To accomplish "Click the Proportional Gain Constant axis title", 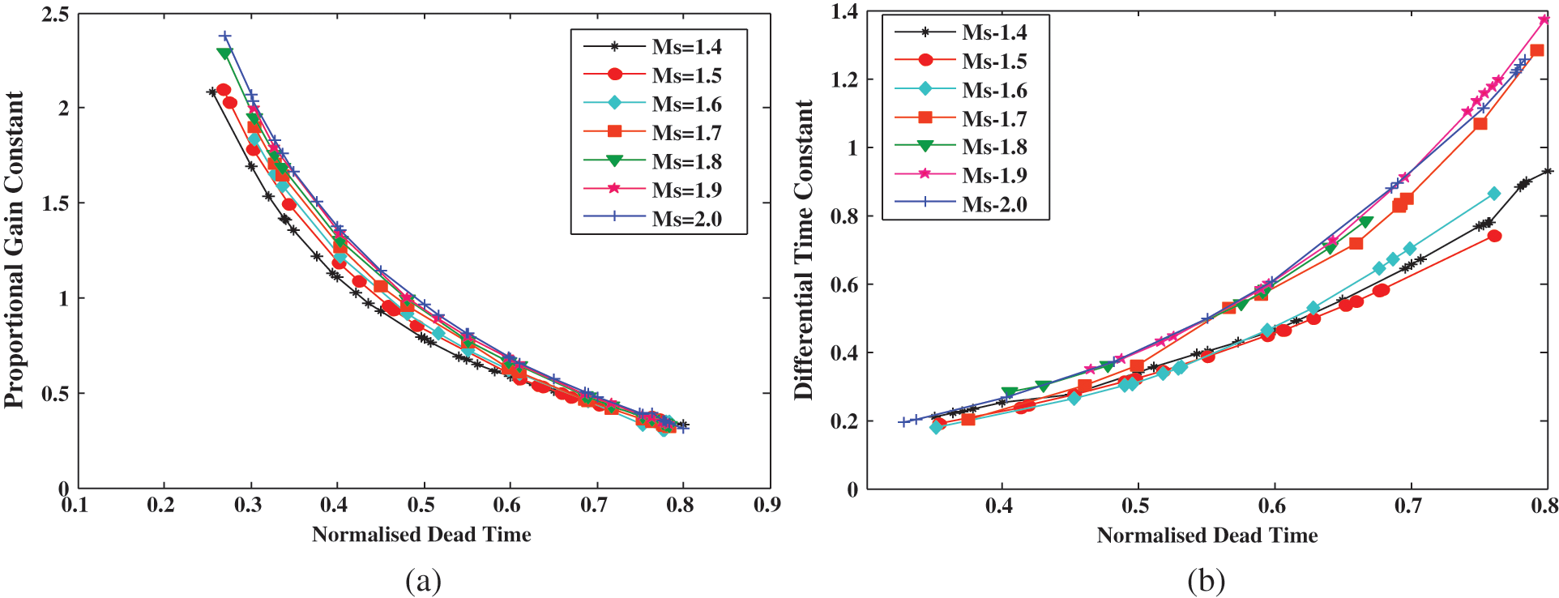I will (x=14, y=250).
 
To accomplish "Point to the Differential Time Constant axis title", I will (x=803, y=250).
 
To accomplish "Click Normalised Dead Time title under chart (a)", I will (x=421, y=535).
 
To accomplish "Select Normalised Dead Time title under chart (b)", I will (x=1207, y=536).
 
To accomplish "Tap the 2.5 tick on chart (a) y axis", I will (x=55, y=15).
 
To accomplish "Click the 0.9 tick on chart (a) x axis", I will (x=767, y=506).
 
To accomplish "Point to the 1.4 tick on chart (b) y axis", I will (x=844, y=12).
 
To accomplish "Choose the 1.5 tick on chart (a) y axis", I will (x=55, y=203).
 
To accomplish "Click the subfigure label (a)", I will (x=423, y=580).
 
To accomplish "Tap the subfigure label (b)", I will (x=1206, y=580).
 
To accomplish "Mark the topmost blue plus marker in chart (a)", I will (x=225, y=36).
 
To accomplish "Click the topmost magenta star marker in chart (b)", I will (x=1544, y=19).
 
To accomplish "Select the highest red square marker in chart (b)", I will (x=1536, y=50).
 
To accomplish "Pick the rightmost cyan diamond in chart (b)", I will (x=1493, y=194).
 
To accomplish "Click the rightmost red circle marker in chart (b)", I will (x=1494, y=236).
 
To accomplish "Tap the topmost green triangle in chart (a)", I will (x=224, y=53).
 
